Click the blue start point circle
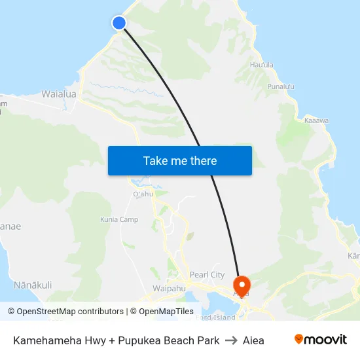(x=119, y=23)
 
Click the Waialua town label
(x=59, y=94)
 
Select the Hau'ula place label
(x=261, y=65)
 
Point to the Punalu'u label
(x=281, y=86)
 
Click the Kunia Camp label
(x=119, y=220)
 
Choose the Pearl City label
(x=207, y=275)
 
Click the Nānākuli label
(x=33, y=285)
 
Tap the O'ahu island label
(x=143, y=194)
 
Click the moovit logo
(x=320, y=340)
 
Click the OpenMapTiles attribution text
(x=162, y=312)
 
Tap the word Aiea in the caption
(x=253, y=340)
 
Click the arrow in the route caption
(x=231, y=340)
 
